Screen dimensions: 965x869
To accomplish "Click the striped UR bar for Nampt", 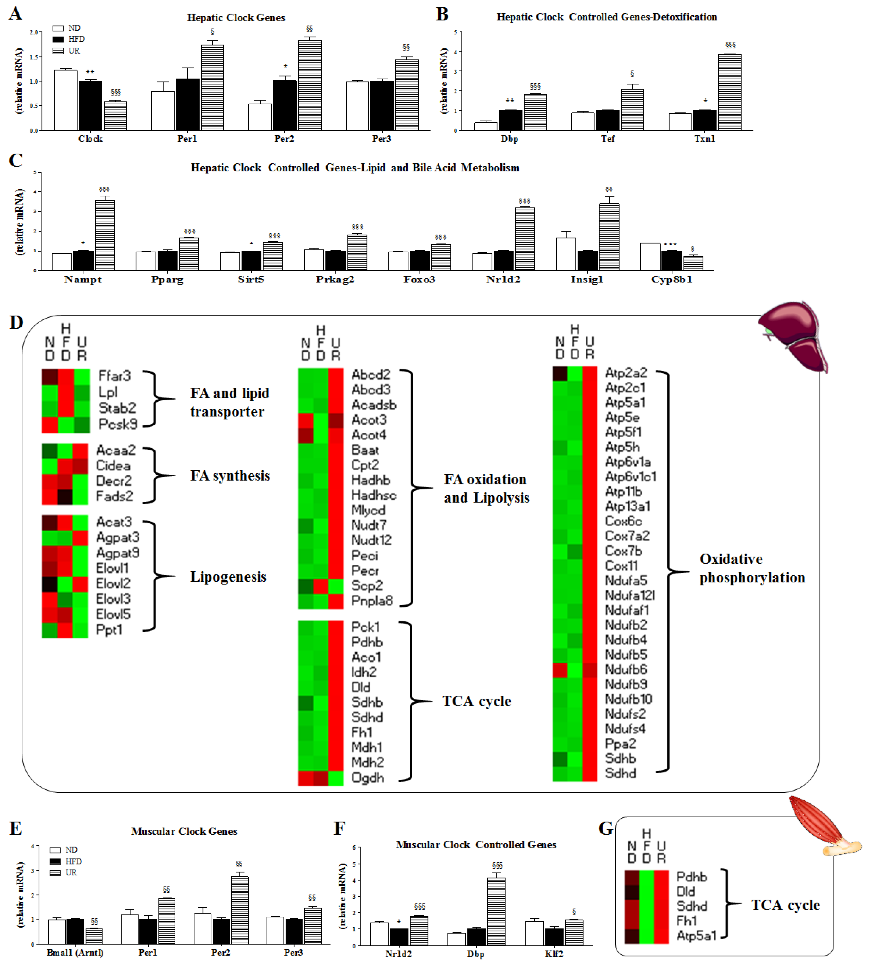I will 105,235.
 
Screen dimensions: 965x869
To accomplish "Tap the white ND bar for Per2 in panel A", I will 260,117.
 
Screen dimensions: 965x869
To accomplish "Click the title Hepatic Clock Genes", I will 236,18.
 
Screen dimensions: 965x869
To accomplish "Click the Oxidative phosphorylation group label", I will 752,568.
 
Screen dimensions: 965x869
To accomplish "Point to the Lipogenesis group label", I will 228,577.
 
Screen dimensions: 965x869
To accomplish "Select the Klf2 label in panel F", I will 554,954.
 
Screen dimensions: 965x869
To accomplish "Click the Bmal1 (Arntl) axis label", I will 75,952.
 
